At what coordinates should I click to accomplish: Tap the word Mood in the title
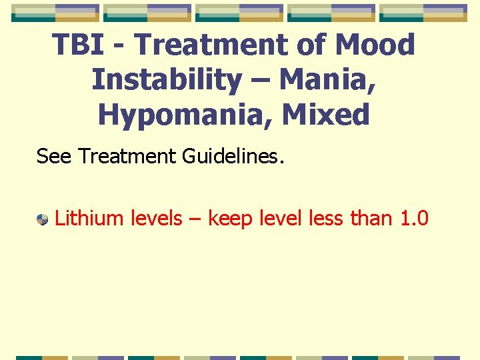375,45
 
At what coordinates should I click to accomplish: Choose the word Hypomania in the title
185,115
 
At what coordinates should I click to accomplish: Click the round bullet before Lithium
43,219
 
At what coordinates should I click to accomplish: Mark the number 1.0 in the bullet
413,218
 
